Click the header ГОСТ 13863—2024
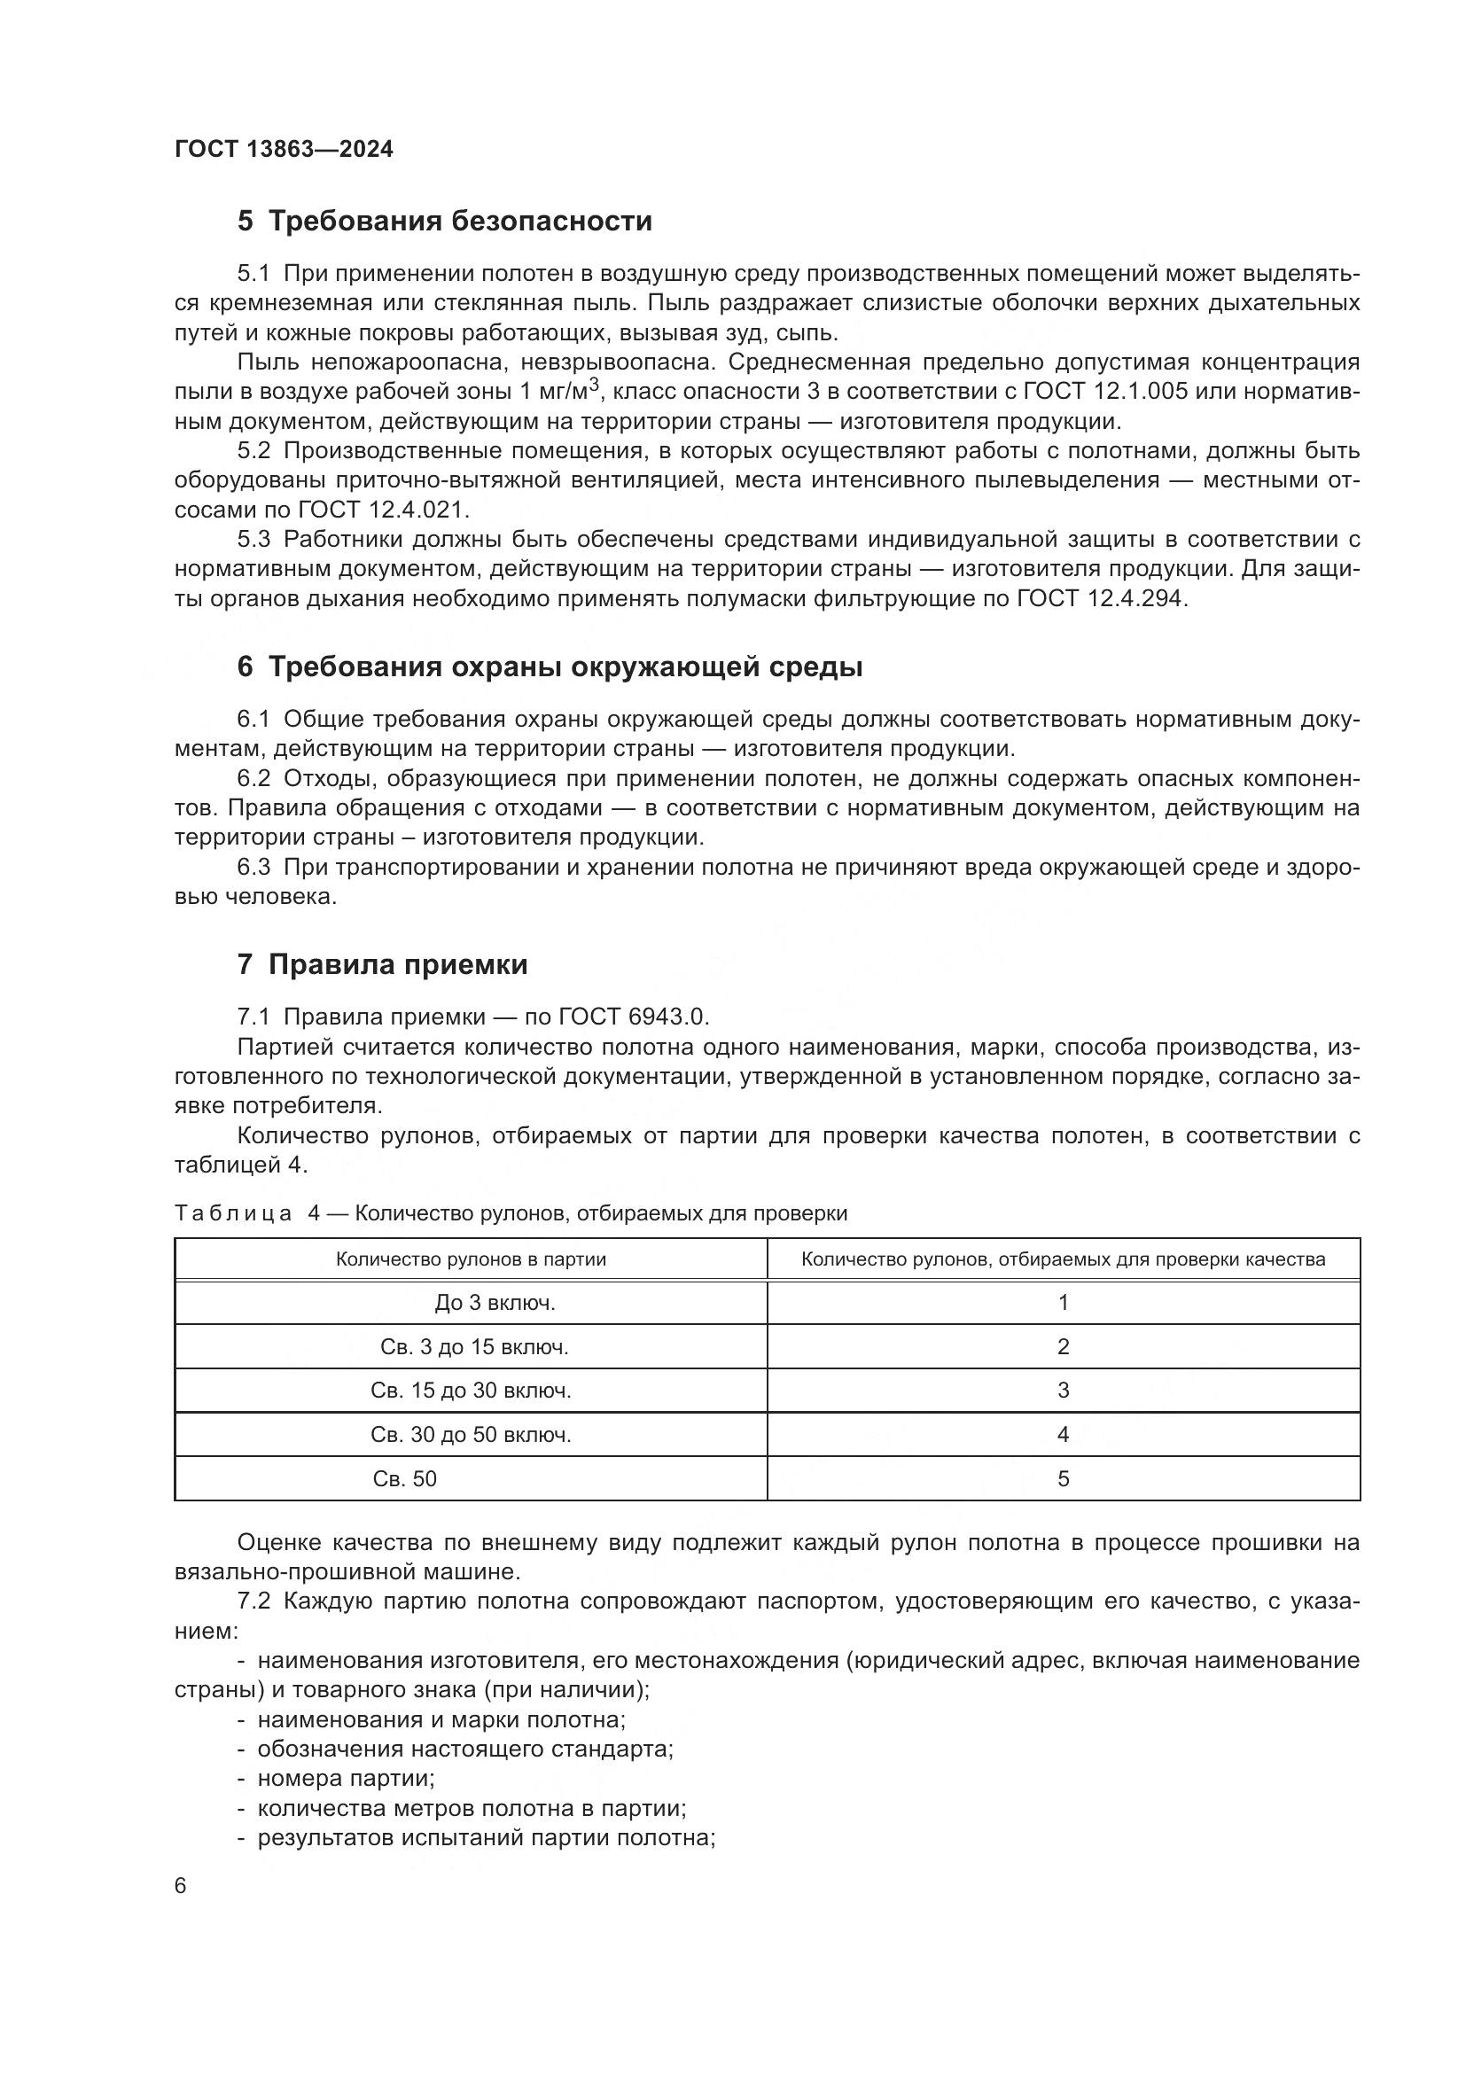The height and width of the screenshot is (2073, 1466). coord(284,150)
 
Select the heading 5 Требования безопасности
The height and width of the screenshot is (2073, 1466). coord(444,222)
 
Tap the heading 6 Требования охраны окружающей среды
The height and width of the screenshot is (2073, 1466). coord(550,667)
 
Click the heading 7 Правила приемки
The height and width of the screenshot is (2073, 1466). coord(382,964)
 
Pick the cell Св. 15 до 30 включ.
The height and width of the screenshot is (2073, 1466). coord(471,1391)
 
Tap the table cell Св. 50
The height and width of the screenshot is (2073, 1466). coord(404,1479)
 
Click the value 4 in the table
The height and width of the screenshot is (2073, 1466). coord(1064,1435)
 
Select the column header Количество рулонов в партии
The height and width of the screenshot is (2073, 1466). coord(471,1259)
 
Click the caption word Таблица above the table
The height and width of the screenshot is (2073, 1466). coord(233,1213)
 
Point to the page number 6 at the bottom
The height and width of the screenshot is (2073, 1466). coord(181,1886)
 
